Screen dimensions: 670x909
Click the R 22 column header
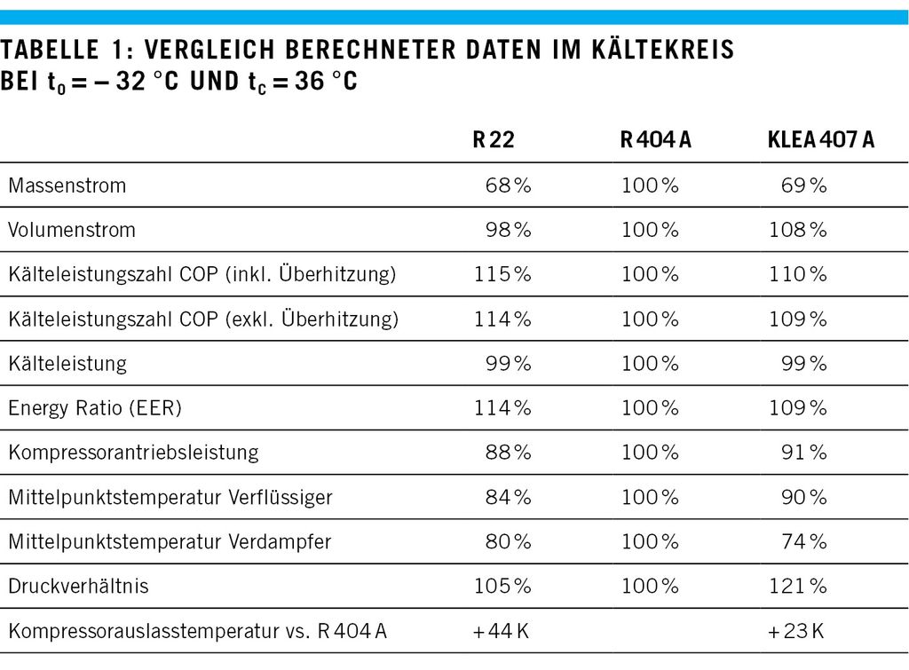click(x=493, y=140)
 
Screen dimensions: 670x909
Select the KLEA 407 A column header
click(x=820, y=140)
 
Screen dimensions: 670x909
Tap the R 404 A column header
click(x=655, y=140)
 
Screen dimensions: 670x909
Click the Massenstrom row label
click(x=67, y=185)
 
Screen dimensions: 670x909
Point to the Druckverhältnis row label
click(x=78, y=586)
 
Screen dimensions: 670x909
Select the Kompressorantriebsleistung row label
click(x=133, y=453)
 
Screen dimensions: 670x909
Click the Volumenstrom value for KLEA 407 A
click(x=797, y=230)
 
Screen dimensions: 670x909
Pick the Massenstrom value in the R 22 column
click(x=508, y=185)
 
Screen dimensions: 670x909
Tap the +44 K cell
click(x=502, y=631)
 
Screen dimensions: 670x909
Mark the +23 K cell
click(x=796, y=631)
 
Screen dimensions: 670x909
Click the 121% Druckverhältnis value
click(x=797, y=586)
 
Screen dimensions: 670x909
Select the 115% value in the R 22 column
click(x=502, y=274)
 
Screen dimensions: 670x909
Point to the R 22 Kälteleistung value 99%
click(x=508, y=363)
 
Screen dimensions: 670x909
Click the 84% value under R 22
click(x=508, y=497)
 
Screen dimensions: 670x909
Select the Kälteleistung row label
click(x=67, y=363)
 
